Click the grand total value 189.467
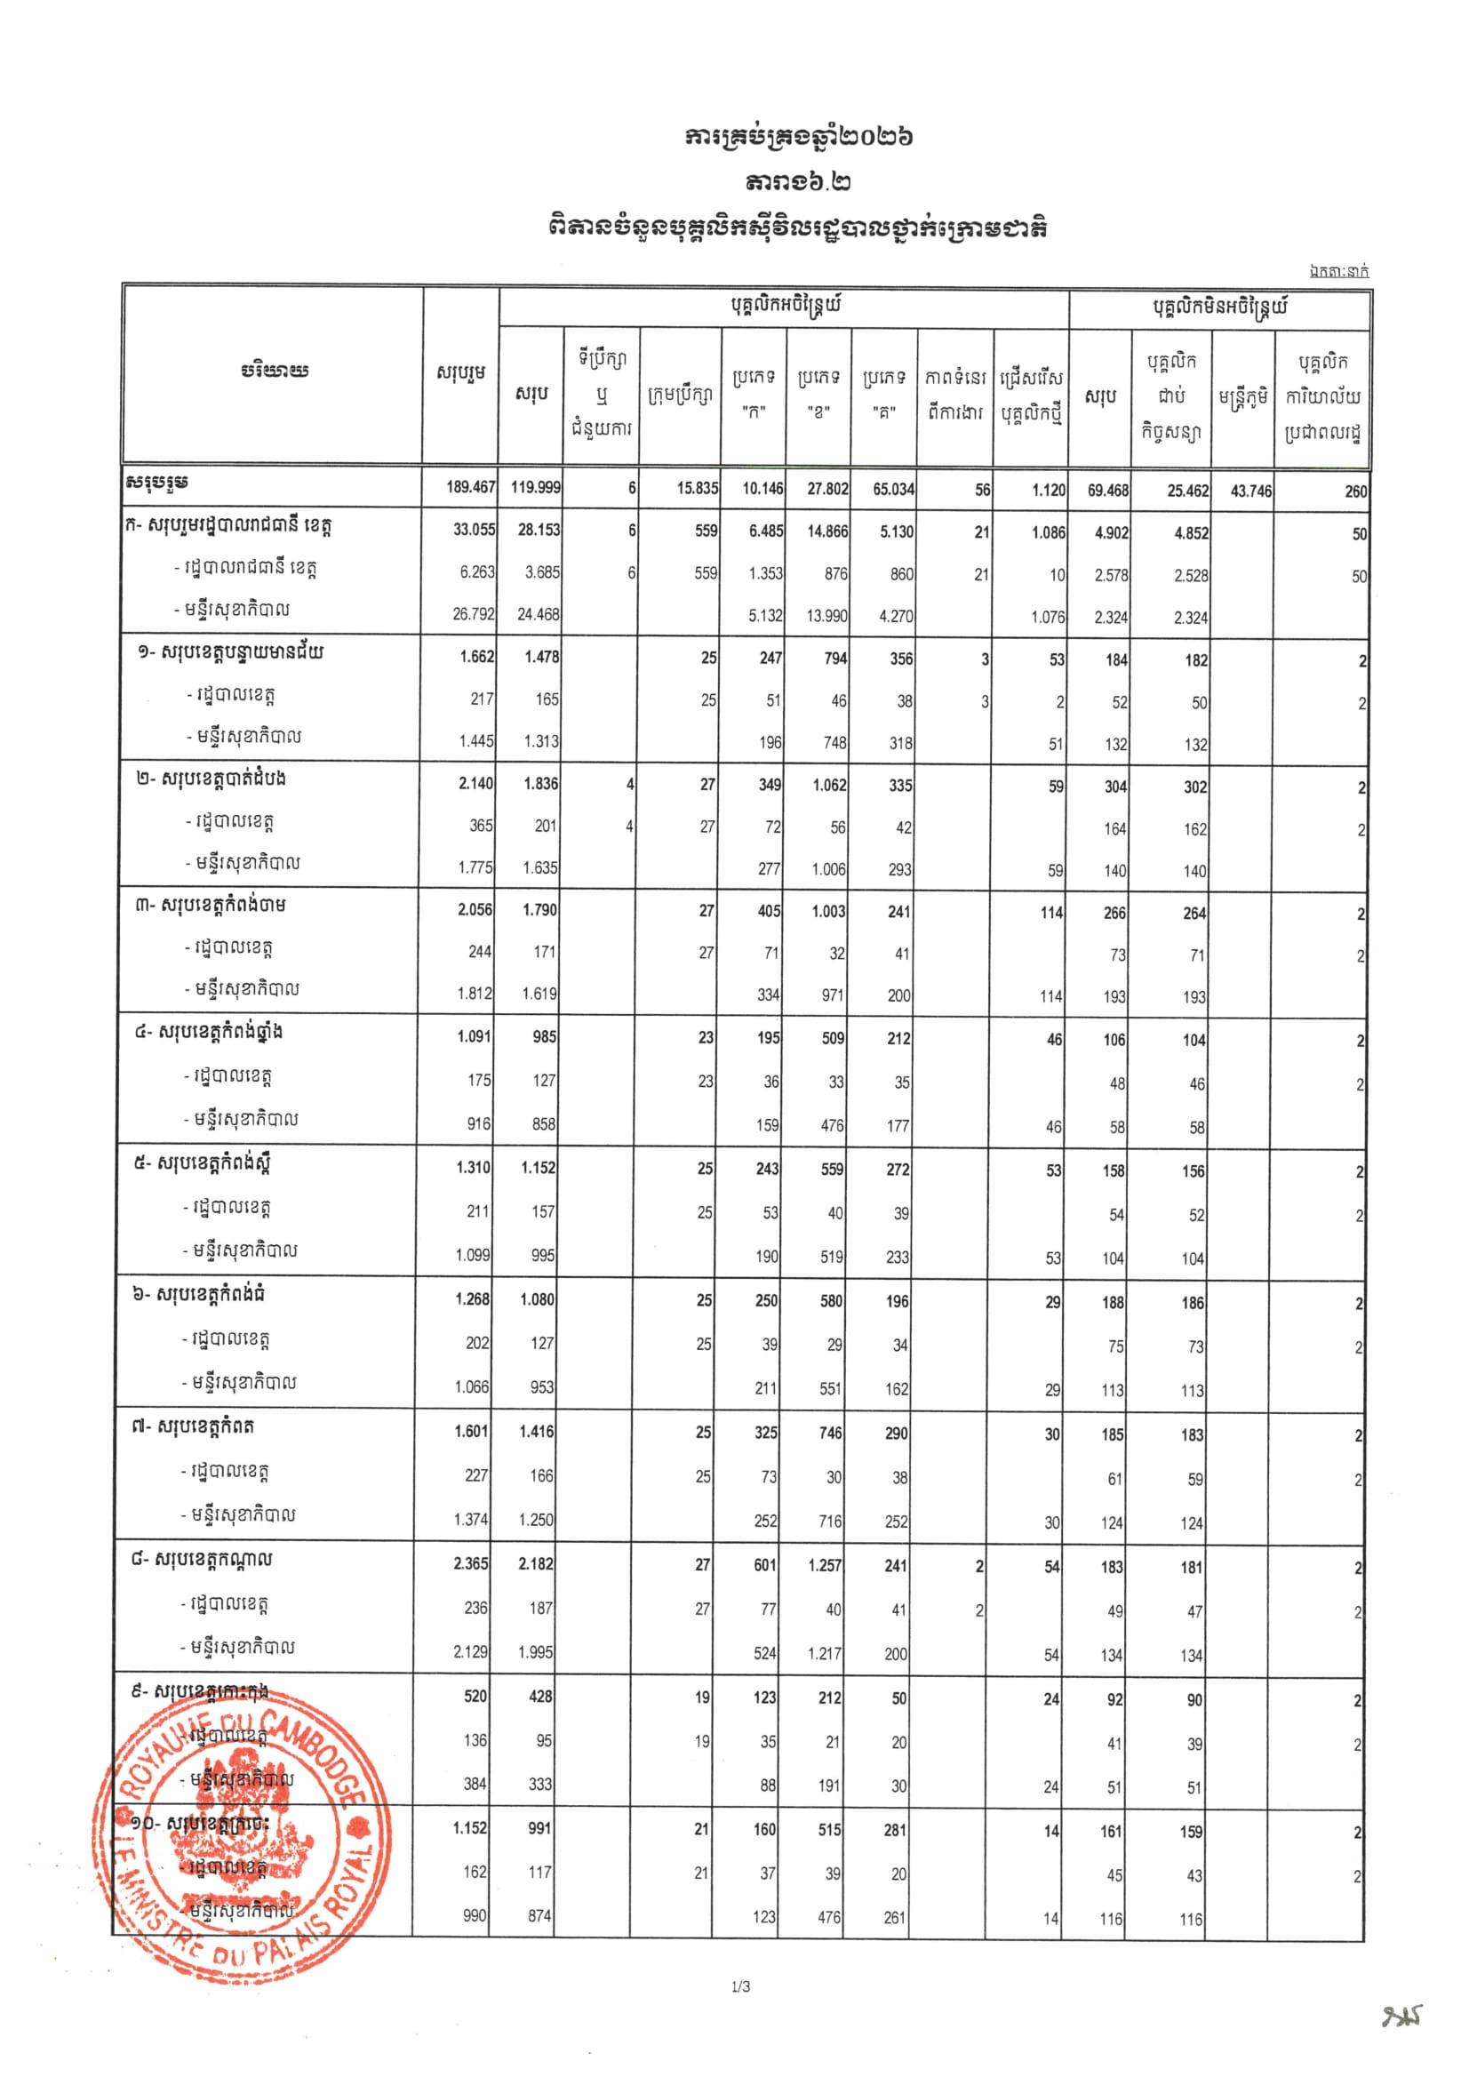tap(470, 488)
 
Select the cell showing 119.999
tap(537, 488)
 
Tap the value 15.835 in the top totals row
tap(698, 489)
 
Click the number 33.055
tap(474, 530)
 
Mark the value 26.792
tap(473, 615)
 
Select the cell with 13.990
tap(827, 616)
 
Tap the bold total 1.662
tap(476, 657)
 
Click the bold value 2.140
tap(475, 783)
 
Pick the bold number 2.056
tap(475, 910)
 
